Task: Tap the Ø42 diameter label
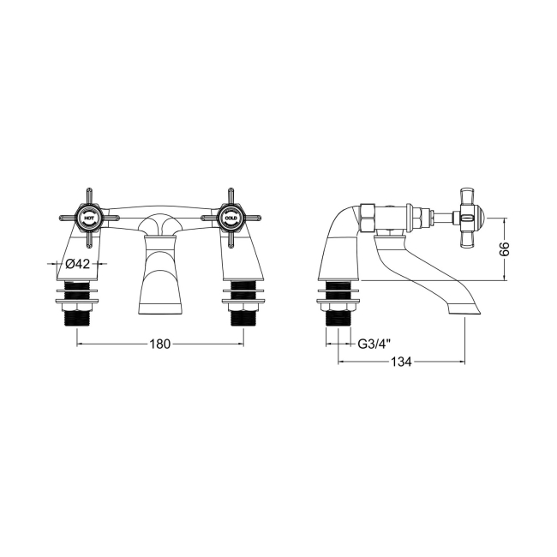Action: [79, 265]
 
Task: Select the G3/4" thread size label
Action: [374, 344]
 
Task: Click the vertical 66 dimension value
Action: [505, 249]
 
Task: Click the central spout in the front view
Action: [160, 274]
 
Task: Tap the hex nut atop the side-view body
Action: [366, 218]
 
